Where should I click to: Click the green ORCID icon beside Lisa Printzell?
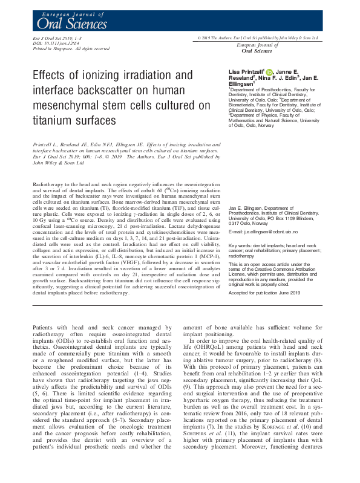pyautogui.click(x=269, y=71)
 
